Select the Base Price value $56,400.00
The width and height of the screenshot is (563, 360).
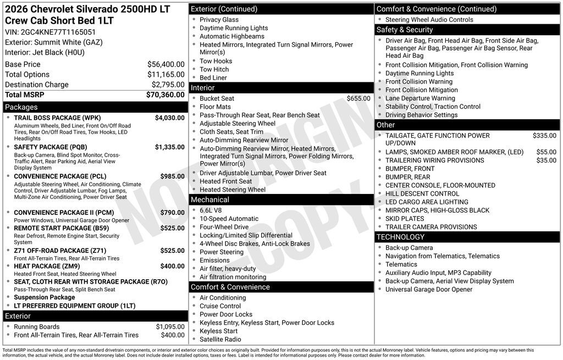coord(165,64)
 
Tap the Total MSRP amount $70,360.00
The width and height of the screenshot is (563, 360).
coord(165,95)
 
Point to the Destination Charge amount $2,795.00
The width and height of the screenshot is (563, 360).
coord(168,85)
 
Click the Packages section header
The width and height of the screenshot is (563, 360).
coord(21,107)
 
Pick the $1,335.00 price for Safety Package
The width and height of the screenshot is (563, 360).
coord(169,147)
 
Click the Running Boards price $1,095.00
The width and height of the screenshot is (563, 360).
coord(170,326)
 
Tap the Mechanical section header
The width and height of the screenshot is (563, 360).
coord(210,200)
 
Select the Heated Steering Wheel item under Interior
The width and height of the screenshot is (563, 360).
coord(232,190)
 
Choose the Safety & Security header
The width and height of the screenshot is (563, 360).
coord(404,30)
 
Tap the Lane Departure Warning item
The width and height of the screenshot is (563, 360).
coord(420,98)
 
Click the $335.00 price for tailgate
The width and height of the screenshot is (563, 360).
coord(544,136)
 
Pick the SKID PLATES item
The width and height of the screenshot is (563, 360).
coord(405,219)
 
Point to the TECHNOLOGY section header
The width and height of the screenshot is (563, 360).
coord(400,237)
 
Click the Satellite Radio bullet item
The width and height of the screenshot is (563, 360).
coord(220,339)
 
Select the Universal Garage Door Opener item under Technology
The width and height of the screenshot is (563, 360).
coord(428,290)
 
